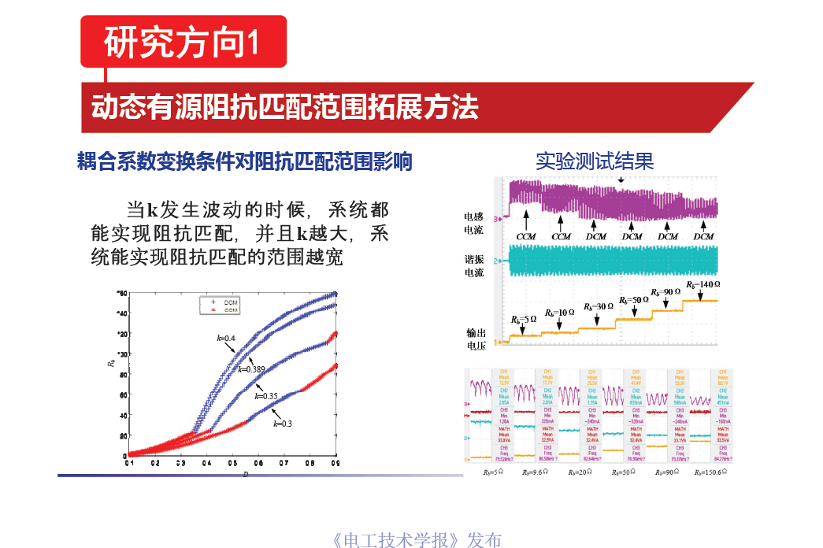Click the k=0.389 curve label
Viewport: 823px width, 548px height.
pos(250,368)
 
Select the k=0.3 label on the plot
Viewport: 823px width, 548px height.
pos(283,424)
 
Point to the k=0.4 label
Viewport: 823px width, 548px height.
pos(226,339)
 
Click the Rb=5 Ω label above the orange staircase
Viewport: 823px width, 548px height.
pos(523,320)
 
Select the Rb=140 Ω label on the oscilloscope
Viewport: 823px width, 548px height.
pos(703,284)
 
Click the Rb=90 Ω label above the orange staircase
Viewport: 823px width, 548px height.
pos(665,292)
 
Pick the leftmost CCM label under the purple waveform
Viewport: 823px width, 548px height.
pos(525,236)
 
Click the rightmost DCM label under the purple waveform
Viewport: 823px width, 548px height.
pos(703,236)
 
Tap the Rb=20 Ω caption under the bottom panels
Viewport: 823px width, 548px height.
pos(580,472)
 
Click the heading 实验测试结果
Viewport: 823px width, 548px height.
pos(595,161)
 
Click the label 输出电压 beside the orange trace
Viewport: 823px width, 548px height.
pos(476,339)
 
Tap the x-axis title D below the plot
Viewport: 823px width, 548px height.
pos(245,474)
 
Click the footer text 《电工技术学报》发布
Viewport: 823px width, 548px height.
pos(417,540)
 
